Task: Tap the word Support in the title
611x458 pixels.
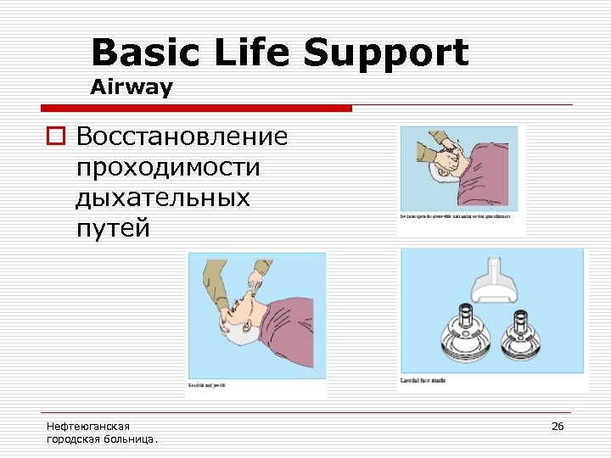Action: tap(386, 53)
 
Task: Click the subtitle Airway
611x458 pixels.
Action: tap(132, 87)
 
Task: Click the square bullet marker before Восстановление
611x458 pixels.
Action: tap(57, 137)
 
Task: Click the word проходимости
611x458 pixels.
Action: tap(168, 166)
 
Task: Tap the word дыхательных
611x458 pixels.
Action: tap(163, 197)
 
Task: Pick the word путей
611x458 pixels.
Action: tap(112, 227)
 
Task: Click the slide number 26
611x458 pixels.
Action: tap(558, 426)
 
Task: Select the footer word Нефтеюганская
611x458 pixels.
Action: tap(88, 426)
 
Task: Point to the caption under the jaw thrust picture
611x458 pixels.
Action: tap(460, 217)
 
